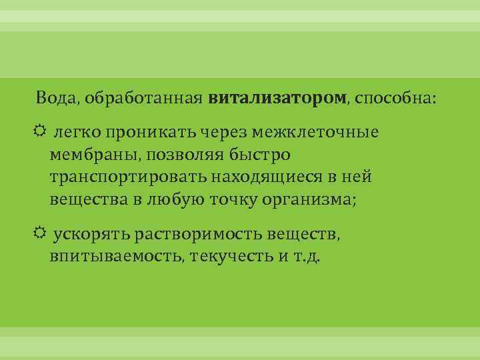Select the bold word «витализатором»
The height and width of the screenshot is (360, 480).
[x=277, y=99]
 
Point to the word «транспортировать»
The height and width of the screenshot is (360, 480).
[x=128, y=177]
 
